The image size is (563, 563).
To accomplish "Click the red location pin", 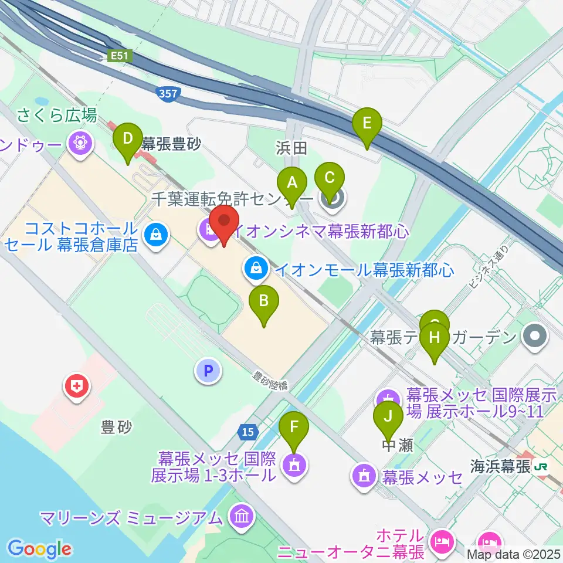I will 224,224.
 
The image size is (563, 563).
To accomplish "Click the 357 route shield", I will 170,93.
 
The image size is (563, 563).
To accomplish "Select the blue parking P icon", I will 206,371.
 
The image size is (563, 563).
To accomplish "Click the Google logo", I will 39,548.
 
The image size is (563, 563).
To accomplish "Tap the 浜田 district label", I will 291,148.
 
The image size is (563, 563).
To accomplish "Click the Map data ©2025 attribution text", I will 514,554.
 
